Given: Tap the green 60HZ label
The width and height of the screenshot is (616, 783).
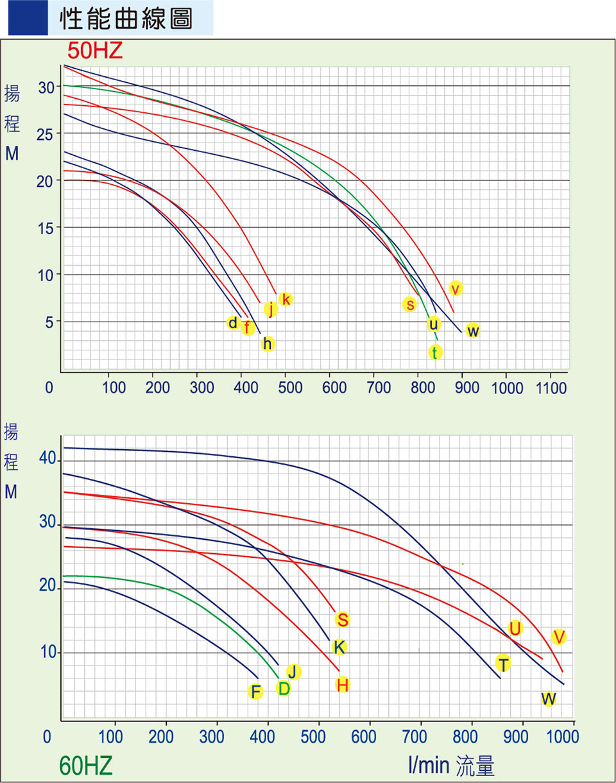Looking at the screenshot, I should (x=86, y=765).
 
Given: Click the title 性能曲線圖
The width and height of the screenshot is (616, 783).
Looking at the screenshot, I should (x=126, y=19).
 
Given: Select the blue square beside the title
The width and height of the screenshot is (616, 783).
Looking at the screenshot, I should (x=28, y=19).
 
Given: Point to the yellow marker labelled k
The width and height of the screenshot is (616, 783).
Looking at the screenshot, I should (x=286, y=299).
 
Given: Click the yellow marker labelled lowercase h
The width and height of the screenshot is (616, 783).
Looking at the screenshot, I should (x=268, y=344).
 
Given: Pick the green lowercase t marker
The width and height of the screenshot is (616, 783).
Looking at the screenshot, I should (x=435, y=352).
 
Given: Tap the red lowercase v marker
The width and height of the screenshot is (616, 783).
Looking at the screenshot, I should (x=456, y=288).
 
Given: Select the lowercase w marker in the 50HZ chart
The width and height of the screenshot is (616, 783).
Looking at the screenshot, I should (x=472, y=331).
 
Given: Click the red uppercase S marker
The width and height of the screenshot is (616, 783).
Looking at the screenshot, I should (x=342, y=619).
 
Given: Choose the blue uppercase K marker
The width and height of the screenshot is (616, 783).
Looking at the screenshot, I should (x=339, y=646).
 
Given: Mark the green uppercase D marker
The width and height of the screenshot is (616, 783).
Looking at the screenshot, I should (x=283, y=688).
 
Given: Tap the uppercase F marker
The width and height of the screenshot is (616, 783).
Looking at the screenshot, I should (x=255, y=691).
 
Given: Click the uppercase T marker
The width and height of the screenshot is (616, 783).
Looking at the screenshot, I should (x=503, y=664).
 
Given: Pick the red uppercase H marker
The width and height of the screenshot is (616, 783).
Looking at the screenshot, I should (x=342, y=685).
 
